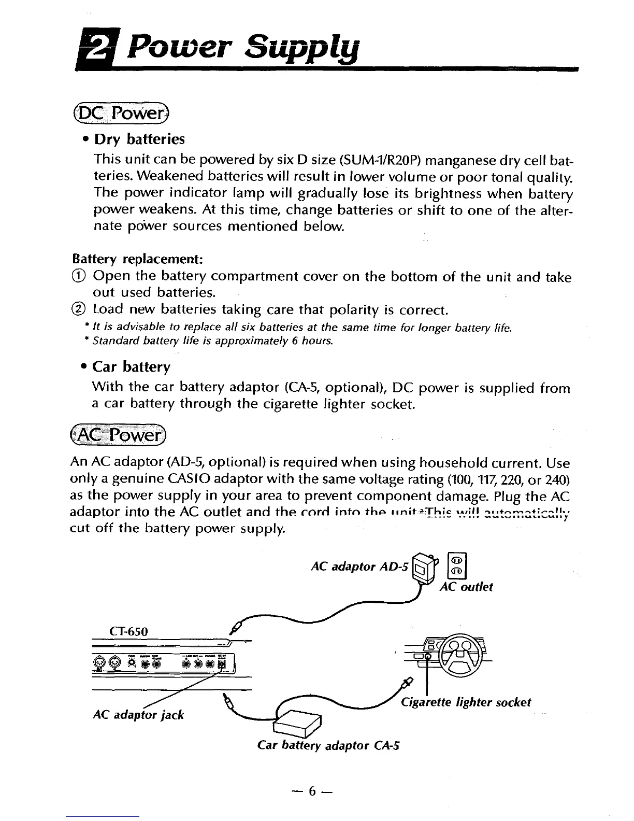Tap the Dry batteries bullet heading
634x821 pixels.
[x=138, y=139]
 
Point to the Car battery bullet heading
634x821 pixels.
[x=131, y=367]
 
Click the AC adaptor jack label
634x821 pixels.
[x=138, y=715]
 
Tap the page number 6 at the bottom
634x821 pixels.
[x=312, y=791]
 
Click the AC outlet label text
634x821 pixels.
[x=466, y=587]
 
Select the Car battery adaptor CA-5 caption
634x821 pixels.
[x=329, y=746]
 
